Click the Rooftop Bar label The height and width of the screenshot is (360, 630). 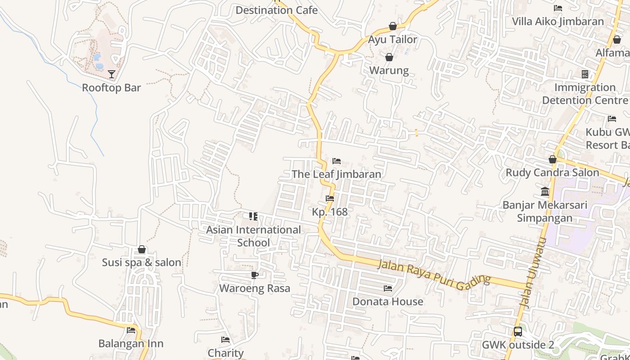coord(111,88)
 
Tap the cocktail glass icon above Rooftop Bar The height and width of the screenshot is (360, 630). coord(112,74)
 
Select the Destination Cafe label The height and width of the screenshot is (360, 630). coord(276,10)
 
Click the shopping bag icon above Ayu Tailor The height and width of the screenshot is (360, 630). coord(393,26)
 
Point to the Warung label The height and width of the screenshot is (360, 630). coord(389,71)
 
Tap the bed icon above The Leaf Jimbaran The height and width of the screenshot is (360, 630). coord(337,161)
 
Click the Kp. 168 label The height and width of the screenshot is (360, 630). coord(330,211)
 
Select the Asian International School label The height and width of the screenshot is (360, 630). coord(253,236)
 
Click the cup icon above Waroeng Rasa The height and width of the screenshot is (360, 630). coord(255,275)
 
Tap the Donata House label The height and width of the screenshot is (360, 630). coord(387,301)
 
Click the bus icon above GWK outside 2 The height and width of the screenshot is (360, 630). coord(518,332)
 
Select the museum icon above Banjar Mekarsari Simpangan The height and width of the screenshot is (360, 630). coord(545,192)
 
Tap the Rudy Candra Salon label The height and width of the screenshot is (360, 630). coord(552,173)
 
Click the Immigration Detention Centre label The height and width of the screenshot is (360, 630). coord(585,94)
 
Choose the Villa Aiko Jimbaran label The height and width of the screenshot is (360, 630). coord(558,22)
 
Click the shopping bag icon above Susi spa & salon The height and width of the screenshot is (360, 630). coord(142,249)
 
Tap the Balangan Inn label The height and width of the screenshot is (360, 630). coord(131,344)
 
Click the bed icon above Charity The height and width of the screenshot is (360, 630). coord(225,340)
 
